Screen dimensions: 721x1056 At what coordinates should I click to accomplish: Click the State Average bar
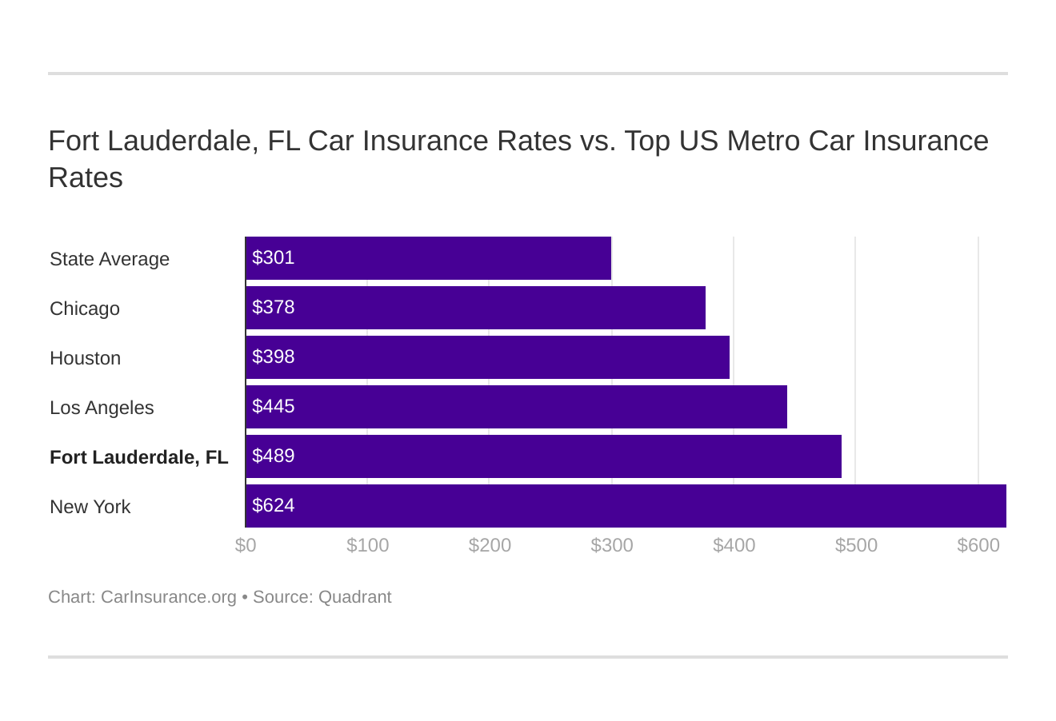428,258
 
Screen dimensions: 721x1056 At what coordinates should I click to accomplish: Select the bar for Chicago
475,308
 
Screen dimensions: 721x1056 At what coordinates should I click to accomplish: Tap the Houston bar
487,357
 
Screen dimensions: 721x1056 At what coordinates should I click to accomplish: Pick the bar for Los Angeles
516,407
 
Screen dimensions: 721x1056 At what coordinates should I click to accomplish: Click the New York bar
626,506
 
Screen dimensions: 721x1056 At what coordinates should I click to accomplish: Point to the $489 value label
274,456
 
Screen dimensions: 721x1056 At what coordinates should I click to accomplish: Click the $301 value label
274,257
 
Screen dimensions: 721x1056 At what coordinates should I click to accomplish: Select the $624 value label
274,505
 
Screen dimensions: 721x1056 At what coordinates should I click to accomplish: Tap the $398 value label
274,357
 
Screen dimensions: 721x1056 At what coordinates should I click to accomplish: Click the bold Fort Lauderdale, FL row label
138,457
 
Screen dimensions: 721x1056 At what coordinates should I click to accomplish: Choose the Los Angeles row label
102,408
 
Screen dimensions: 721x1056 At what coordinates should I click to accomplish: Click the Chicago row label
85,309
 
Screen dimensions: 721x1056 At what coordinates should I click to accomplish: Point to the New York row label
90,507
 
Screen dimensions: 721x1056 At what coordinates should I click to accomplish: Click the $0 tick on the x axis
246,545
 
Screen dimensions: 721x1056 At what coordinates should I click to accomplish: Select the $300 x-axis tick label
612,545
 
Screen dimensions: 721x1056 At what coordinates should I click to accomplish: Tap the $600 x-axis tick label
978,545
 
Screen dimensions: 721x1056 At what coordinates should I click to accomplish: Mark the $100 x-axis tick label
368,545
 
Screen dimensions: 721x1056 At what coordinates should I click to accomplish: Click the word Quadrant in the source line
354,597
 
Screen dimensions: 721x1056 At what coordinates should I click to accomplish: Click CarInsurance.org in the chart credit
169,597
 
